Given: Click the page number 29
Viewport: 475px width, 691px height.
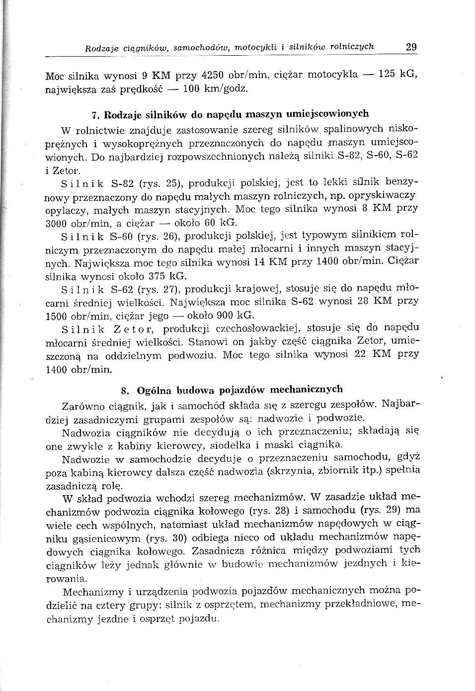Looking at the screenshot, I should [411, 48].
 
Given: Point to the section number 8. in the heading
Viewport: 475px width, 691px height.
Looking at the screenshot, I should [125, 390].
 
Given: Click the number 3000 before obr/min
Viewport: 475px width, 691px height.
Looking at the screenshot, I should [56, 223].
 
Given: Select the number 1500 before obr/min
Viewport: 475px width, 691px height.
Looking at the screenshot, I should [56, 316].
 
